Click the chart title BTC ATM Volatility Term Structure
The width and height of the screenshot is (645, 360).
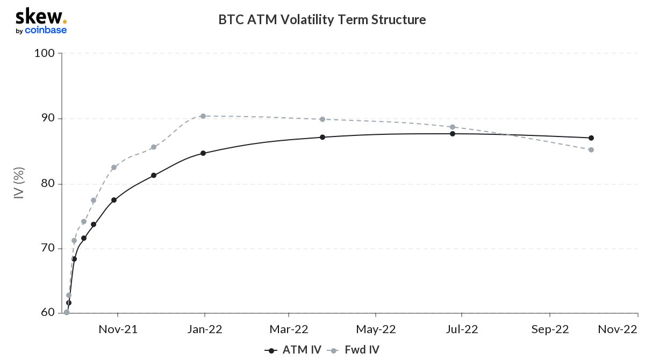coord(322,20)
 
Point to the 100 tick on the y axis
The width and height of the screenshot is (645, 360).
coord(45,54)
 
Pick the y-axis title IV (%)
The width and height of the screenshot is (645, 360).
coord(18,183)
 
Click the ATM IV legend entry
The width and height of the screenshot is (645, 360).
coord(293,350)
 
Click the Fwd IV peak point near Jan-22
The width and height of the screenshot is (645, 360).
coord(203,116)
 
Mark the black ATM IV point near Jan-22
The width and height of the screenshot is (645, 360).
coord(203,153)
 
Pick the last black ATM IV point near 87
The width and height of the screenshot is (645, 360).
coord(591,138)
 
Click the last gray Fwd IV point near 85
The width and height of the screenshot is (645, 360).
coord(591,149)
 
